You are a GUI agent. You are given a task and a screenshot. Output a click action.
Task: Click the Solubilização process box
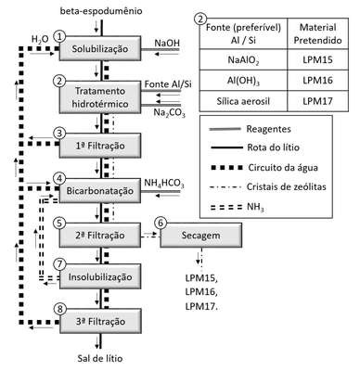coord(100,48)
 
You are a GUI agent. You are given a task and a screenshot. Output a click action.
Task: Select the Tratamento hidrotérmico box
coord(100,97)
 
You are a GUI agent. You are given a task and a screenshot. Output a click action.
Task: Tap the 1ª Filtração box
coord(100,146)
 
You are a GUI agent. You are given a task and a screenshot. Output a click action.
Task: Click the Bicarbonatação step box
coord(100,190)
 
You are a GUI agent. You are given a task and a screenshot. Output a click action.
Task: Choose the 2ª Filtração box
coord(100,235)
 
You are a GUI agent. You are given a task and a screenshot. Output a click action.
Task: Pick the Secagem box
coord(201,235)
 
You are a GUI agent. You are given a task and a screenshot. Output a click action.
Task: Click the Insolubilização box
coord(100,276)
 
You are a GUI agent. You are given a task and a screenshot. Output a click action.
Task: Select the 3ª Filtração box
coord(100,321)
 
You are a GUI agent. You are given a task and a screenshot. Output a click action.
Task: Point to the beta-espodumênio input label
coord(101,11)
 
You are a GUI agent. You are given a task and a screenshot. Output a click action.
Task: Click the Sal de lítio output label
coord(100,359)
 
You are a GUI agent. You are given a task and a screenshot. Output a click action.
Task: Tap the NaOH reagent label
coord(167,43)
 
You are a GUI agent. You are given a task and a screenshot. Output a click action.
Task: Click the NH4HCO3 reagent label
coord(164,184)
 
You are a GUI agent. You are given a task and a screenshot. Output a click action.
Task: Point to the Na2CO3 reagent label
coord(169,113)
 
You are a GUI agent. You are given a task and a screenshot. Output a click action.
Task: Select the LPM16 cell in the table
coord(317,81)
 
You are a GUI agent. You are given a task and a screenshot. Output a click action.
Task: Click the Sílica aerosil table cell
coord(243,101)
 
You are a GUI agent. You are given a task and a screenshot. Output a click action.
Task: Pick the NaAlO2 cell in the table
coord(243,59)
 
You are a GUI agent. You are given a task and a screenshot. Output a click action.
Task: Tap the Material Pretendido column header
coord(317,33)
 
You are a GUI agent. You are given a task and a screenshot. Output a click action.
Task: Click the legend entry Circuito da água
coord(283,168)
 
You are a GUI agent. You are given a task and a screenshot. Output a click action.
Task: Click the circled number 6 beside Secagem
coord(161,223)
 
